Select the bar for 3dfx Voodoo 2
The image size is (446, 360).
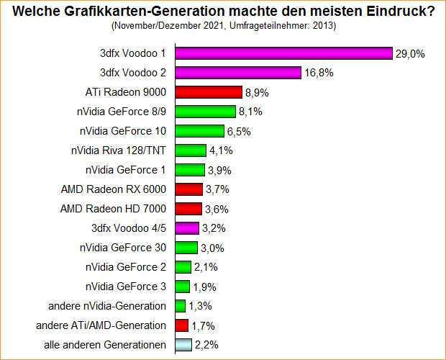[x=237, y=73]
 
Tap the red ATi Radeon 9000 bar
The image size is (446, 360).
[x=208, y=92]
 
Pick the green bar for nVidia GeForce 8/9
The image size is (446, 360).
[x=205, y=112]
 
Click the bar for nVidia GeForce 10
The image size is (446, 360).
[x=199, y=131]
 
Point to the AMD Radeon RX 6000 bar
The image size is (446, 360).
[x=188, y=189]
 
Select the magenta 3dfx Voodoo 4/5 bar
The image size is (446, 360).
[x=186, y=228]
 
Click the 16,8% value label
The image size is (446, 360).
[x=317, y=73]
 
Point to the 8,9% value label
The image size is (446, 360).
[x=257, y=92]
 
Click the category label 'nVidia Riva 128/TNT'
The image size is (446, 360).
[x=119, y=150]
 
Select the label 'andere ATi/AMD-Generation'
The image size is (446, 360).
[x=101, y=325]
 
